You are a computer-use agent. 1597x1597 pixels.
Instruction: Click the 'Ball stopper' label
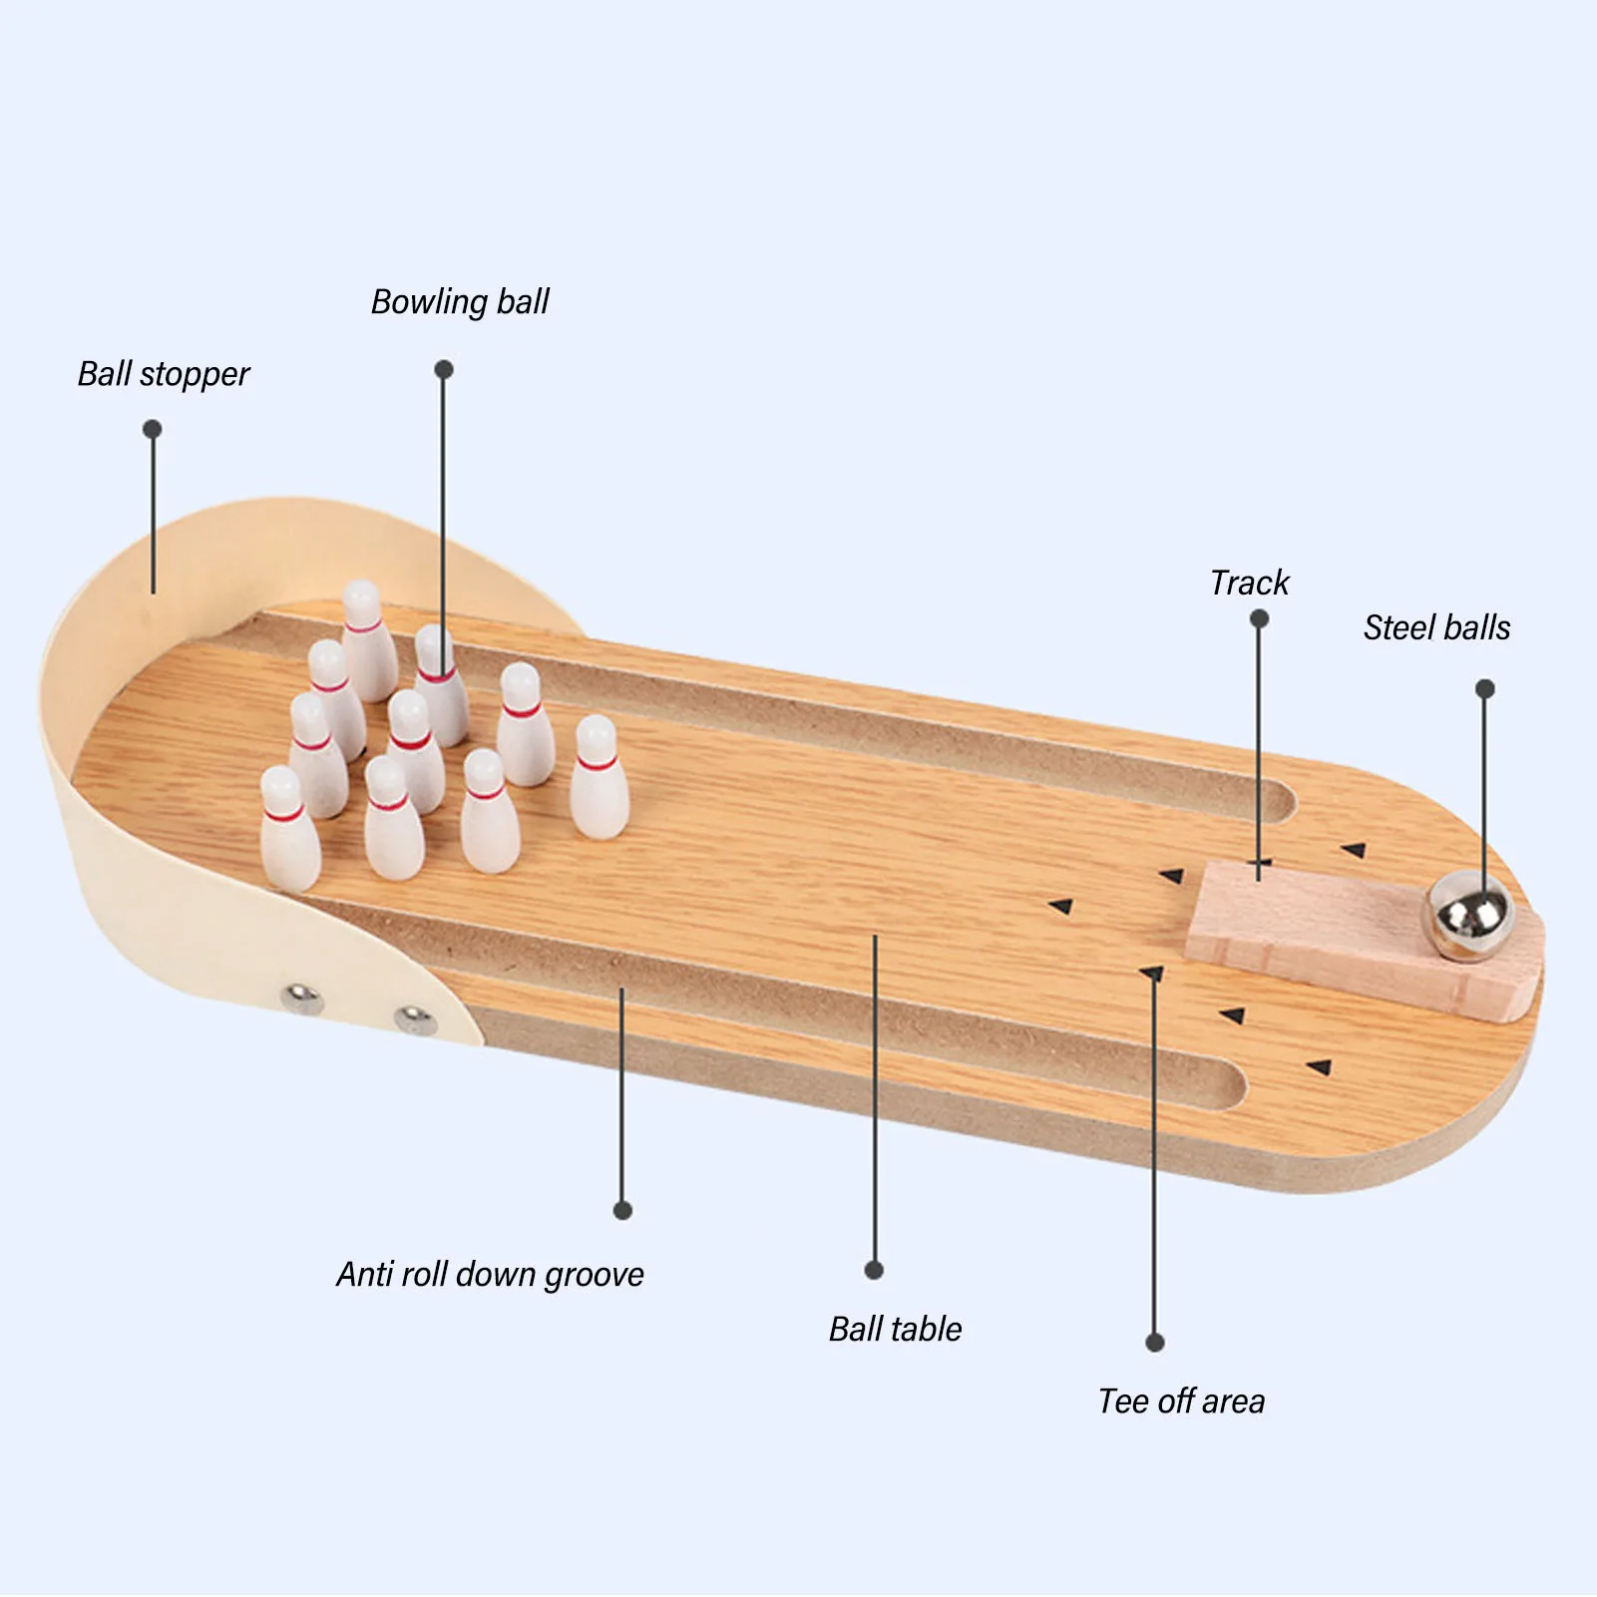pos(164,374)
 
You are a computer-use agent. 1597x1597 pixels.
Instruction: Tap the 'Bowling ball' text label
pos(460,301)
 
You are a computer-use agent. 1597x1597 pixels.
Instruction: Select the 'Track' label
pos(1249,583)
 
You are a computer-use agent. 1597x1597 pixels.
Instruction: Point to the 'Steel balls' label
pos(1436,627)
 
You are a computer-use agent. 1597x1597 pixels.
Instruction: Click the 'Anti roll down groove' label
pos(490,1275)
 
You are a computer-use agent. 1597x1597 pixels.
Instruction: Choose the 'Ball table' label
pos(895,1329)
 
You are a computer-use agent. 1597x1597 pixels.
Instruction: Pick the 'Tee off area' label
pos(1181,1401)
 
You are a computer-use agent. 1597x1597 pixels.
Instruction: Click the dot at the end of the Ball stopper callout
pos(152,429)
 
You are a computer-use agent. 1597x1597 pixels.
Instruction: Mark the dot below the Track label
pos(1259,618)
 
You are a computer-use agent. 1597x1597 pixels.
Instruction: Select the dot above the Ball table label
pos(874,1270)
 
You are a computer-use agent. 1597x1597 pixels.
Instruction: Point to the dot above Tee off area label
pos(1155,1343)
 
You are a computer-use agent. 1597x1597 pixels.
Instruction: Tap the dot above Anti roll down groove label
pos(622,1211)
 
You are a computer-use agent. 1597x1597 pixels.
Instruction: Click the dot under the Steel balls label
pos(1485,688)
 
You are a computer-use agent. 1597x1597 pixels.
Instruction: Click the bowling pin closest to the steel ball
pos(599,778)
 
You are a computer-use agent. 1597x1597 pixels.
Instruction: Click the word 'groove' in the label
pos(594,1276)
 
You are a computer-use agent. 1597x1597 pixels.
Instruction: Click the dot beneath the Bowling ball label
pos(444,369)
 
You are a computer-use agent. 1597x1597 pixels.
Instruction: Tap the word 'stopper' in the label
pos(195,375)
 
